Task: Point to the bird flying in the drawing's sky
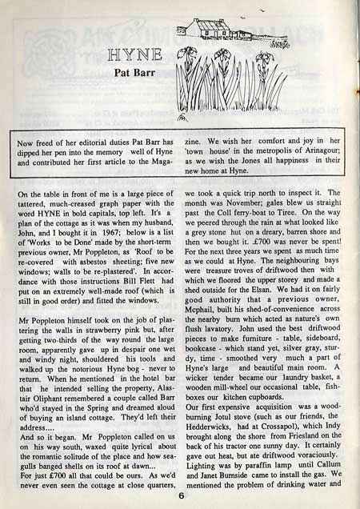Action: coord(285,10)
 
